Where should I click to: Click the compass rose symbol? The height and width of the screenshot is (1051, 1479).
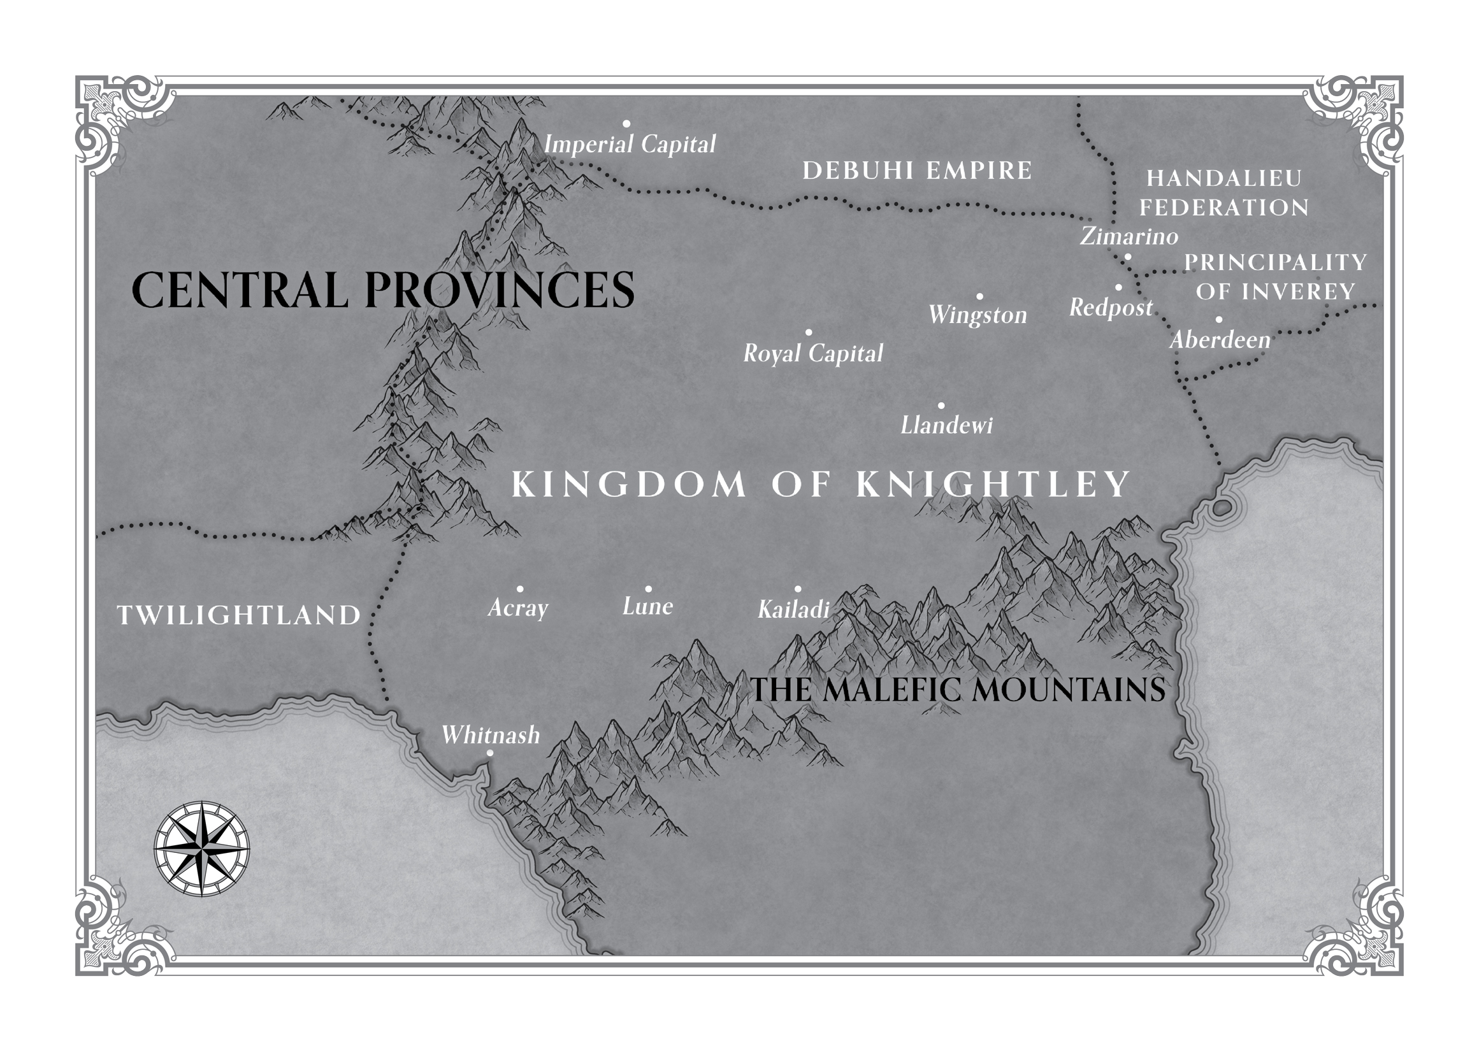pos(202,848)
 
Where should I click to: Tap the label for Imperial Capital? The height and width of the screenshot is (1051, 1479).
pos(630,145)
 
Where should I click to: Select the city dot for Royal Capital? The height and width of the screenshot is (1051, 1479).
pos(809,332)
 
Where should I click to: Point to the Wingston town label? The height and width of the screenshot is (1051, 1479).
pos(978,315)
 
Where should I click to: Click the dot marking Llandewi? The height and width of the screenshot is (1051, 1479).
pos(941,406)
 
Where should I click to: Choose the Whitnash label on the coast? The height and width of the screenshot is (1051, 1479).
pos(491,735)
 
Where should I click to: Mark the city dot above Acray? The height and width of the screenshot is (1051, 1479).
pos(520,589)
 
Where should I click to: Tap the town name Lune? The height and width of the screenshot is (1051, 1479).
pos(647,606)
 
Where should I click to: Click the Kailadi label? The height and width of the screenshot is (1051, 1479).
pos(793,610)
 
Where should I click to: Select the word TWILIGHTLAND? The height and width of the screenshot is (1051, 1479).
pos(239,615)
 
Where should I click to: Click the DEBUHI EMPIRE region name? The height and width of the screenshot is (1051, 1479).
pos(916,171)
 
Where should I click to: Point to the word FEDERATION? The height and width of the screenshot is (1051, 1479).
pos(1224,208)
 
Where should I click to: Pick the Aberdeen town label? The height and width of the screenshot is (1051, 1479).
pos(1220,340)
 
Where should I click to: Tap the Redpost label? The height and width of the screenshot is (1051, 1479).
pos(1111,308)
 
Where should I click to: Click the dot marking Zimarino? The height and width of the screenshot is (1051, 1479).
pos(1127,257)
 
